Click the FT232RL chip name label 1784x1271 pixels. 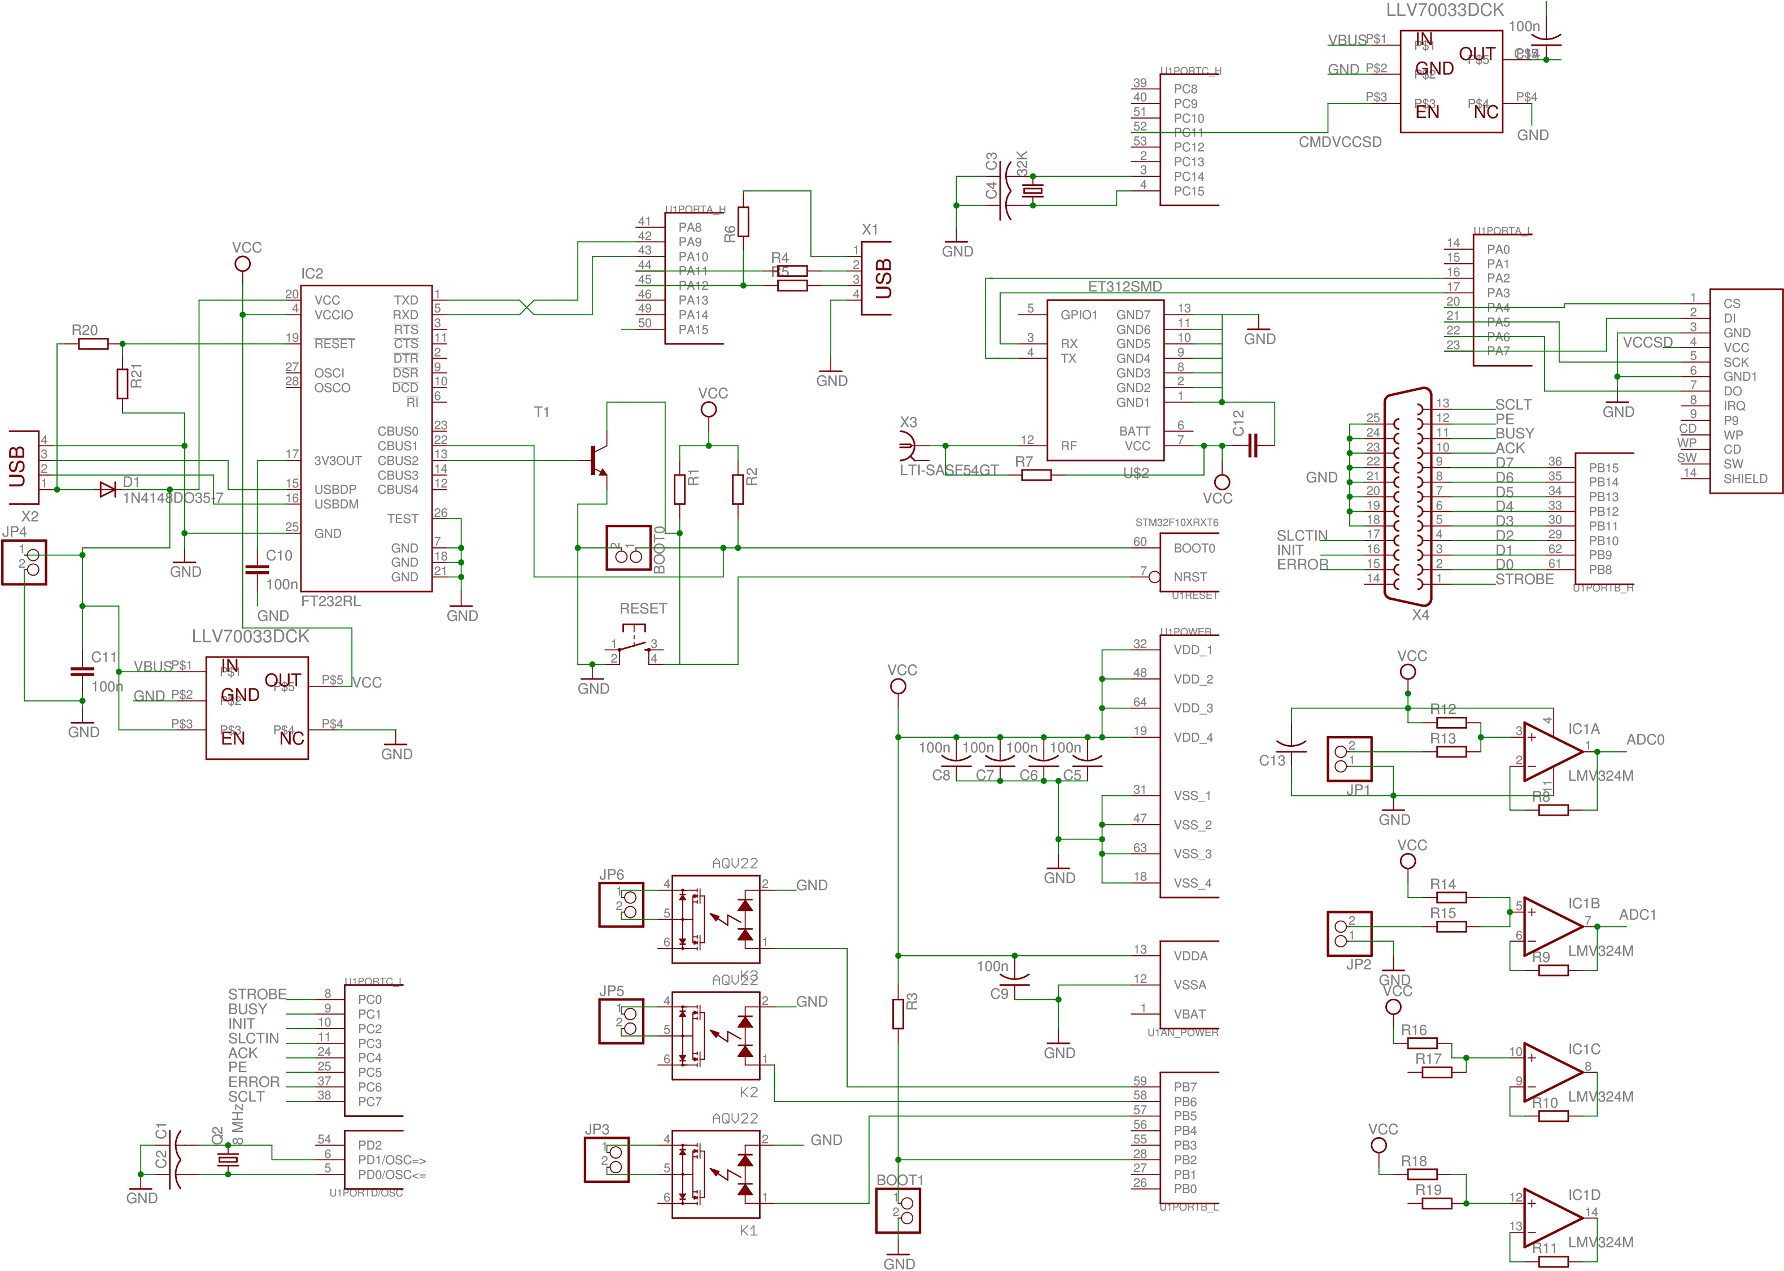click(330, 601)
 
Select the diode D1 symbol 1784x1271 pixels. click(107, 490)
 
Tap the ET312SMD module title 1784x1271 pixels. click(1124, 286)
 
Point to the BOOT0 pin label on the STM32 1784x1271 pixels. click(1194, 549)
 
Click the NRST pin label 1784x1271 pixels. click(1190, 577)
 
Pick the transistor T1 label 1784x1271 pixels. click(540, 412)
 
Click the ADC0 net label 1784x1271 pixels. click(1645, 739)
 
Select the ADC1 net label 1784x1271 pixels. click(1637, 915)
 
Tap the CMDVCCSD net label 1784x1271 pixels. click(1340, 142)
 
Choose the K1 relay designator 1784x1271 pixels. click(748, 1231)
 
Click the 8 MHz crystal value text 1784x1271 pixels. click(238, 1125)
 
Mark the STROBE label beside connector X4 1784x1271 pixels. click(1524, 579)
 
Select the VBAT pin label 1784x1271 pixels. click(1189, 1015)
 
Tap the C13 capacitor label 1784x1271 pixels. click(1271, 761)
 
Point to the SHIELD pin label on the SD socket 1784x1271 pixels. click(1745, 479)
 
